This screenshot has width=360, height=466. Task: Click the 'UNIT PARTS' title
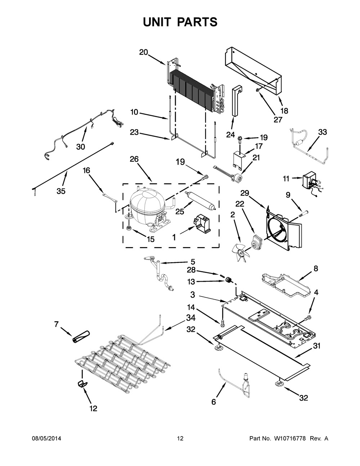click(x=180, y=22)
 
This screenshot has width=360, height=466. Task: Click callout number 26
click(x=134, y=159)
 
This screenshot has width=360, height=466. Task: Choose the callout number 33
click(x=322, y=132)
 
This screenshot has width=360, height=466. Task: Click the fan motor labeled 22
click(x=257, y=242)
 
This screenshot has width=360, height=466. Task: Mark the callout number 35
click(x=61, y=191)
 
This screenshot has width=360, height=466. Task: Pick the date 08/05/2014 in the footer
click(x=46, y=439)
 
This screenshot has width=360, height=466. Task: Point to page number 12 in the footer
click(x=180, y=439)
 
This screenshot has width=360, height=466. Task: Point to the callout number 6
click(x=213, y=402)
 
